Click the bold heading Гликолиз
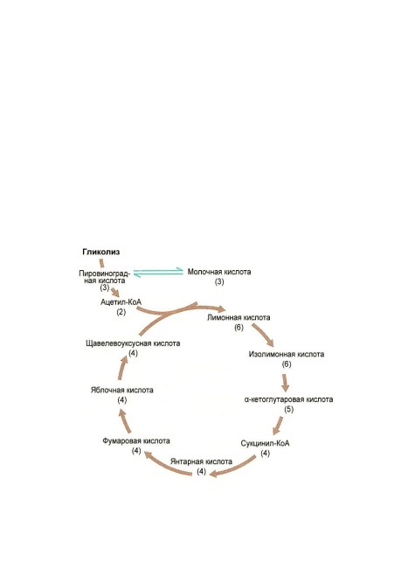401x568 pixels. click(101, 252)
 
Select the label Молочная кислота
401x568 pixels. click(219, 272)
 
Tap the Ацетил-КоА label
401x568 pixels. click(121, 301)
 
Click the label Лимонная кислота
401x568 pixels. click(239, 317)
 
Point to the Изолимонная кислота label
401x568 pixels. click(287, 354)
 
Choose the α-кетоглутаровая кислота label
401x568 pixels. click(288, 399)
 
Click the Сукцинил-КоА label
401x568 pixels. click(266, 443)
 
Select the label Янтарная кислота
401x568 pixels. click(201, 461)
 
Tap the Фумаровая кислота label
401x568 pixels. click(136, 440)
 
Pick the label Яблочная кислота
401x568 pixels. click(122, 390)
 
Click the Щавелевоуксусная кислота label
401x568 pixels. click(133, 343)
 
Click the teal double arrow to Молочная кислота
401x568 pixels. click(158, 272)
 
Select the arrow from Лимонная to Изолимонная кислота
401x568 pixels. click(263, 335)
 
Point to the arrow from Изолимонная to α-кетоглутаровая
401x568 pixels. click(286, 383)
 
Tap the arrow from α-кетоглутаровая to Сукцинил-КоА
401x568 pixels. click(278, 426)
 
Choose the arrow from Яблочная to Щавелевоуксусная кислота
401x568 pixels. click(122, 367)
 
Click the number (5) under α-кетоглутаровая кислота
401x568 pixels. click(288, 409)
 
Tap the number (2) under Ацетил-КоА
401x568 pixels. click(121, 312)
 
